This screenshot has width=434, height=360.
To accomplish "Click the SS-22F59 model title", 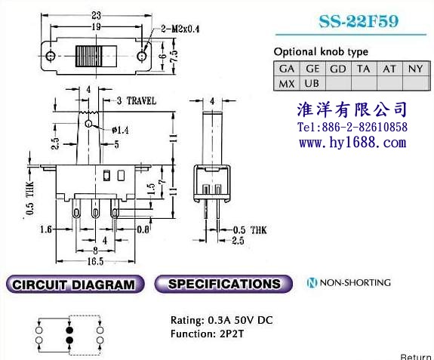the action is pyautogui.click(x=359, y=21).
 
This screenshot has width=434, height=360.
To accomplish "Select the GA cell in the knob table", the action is pyautogui.click(x=287, y=69).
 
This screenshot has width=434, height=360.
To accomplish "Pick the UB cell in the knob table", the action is pyautogui.click(x=312, y=83).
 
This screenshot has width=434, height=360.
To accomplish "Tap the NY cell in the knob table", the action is pyautogui.click(x=416, y=69).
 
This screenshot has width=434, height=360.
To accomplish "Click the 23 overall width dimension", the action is pyautogui.click(x=96, y=15).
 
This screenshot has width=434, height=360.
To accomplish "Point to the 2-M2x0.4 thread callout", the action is pyautogui.click(x=180, y=29).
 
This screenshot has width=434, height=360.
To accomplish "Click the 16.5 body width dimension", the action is pyautogui.click(x=95, y=261).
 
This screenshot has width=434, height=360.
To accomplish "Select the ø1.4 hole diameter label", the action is pyautogui.click(x=121, y=130).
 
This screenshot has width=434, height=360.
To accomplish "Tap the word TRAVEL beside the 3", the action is pyautogui.click(x=141, y=100).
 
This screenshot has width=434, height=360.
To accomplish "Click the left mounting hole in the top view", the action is pyautogui.click(x=50, y=56).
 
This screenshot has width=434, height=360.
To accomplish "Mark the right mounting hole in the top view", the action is pyautogui.click(x=142, y=56).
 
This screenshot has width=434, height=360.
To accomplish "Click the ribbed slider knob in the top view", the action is pyautogui.click(x=89, y=56).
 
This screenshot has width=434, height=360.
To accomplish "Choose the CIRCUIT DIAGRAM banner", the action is pyautogui.click(x=75, y=285).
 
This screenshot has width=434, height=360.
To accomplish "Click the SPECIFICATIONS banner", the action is pyautogui.click(x=223, y=284).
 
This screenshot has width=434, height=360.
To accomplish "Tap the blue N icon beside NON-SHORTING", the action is pyautogui.click(x=312, y=282).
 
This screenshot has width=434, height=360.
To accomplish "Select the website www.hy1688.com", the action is pyautogui.click(x=352, y=143).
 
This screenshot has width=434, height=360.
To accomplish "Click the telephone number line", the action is pyautogui.click(x=352, y=128).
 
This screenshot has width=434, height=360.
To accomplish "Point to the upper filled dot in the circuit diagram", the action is pyautogui.click(x=69, y=330).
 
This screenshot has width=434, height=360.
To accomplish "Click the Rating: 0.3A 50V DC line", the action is pyautogui.click(x=222, y=320).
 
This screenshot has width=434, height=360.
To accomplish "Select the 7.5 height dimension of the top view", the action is pyautogui.click(x=174, y=56).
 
